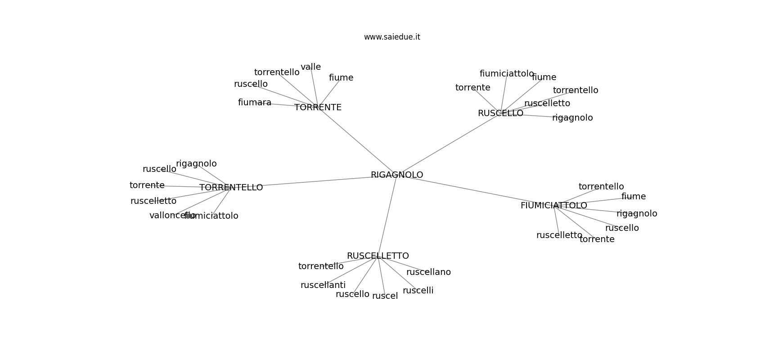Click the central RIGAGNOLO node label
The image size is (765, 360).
[396, 175]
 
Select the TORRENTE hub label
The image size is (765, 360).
[318, 108]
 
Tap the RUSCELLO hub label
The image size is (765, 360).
[500, 113]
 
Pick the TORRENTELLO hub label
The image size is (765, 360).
[231, 188]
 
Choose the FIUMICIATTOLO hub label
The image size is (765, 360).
[553, 206]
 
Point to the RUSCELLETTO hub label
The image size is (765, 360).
[378, 256]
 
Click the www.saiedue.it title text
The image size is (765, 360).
[392, 37]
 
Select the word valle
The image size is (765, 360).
[310, 67]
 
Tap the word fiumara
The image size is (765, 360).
[255, 103]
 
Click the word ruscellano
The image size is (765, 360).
[428, 272]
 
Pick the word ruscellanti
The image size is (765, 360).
[323, 285]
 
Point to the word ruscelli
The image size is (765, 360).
[418, 291]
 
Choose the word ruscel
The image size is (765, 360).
[385, 296]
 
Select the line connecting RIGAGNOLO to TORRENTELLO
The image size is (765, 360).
[315, 181]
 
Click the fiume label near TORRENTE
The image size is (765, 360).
[341, 78]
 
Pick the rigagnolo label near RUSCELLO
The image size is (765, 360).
[572, 118]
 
